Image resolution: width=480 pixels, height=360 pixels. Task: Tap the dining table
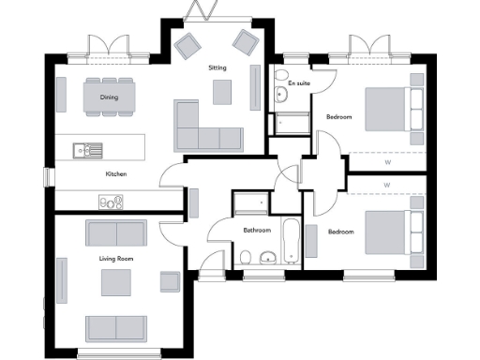109,95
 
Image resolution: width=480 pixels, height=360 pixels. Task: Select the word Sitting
217,68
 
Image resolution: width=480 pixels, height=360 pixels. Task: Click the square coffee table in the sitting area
222,91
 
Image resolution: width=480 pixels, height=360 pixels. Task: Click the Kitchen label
116,174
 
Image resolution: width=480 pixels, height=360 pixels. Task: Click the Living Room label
112,257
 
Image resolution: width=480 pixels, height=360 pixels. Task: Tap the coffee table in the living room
115,281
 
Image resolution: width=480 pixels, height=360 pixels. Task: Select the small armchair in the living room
170,280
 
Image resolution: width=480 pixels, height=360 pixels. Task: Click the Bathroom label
257,230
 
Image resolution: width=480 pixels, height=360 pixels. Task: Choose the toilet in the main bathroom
245,257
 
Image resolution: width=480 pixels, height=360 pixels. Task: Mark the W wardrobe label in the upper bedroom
387,161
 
